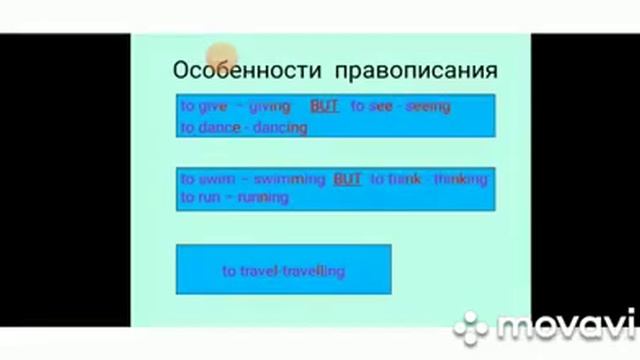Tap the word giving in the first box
pos(269,106)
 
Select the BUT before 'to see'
pos(324,106)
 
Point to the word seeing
pos(427,106)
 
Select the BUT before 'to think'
pos(347,179)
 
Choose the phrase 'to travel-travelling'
pos(283,270)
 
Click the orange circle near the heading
pos(222,57)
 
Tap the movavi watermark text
pos(565,326)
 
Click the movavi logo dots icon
pos(471,326)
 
